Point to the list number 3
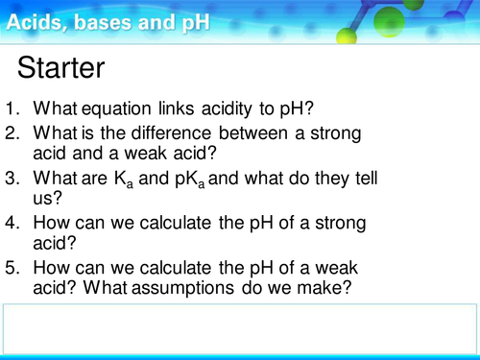(12, 178)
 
